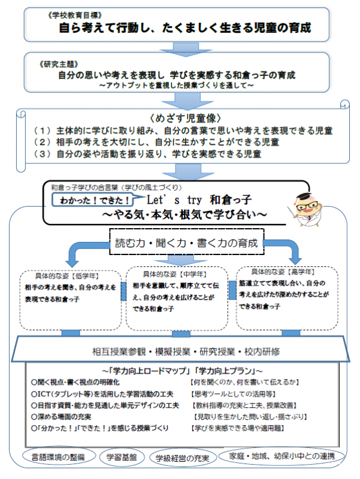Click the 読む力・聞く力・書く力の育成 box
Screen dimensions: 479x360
click(x=186, y=243)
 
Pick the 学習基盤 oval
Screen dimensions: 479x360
click(x=122, y=457)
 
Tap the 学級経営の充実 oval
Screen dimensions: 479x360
click(x=183, y=459)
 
